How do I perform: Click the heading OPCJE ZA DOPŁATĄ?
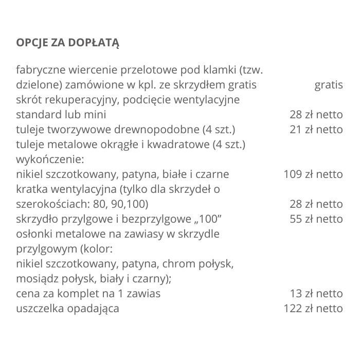(x=67, y=42)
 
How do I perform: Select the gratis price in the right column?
(x=328, y=85)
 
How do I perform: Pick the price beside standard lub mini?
(x=316, y=115)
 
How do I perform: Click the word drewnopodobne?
(x=166, y=130)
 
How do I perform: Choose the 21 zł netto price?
(x=316, y=130)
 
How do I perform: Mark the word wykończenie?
(x=50, y=159)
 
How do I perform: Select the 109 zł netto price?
(x=313, y=174)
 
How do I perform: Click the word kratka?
(x=30, y=189)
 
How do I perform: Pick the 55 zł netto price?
(x=316, y=219)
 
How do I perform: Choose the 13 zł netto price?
(x=316, y=294)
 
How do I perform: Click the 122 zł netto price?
(x=313, y=309)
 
